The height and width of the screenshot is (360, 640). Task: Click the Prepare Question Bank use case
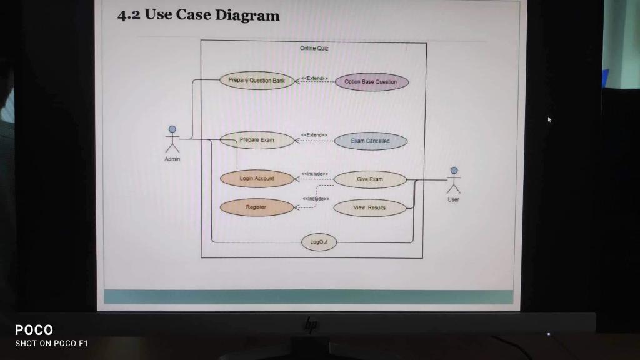[x=256, y=81]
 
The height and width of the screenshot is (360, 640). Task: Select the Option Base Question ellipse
[x=371, y=82]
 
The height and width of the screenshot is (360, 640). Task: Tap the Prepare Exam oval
[x=257, y=140]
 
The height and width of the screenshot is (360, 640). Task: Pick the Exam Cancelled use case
[x=370, y=141]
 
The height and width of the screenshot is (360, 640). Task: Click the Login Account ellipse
[x=257, y=179]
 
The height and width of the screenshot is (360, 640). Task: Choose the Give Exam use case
[x=370, y=179]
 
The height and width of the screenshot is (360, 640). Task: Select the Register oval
[x=256, y=207]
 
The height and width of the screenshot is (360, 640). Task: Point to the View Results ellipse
[x=370, y=207]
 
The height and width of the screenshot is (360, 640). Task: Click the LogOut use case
[x=319, y=242]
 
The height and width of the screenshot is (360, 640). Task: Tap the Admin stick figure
[x=172, y=139]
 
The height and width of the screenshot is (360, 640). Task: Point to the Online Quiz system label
[x=314, y=48]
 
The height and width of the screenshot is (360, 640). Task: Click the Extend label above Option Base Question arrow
[x=314, y=78]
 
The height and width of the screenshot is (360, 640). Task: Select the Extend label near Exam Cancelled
[x=314, y=135]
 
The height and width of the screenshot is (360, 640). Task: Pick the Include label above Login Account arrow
[x=315, y=173]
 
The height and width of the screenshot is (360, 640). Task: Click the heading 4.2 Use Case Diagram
[x=199, y=16]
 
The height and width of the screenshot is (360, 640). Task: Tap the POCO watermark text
[x=34, y=330]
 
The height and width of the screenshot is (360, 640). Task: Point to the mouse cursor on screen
[x=549, y=119]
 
